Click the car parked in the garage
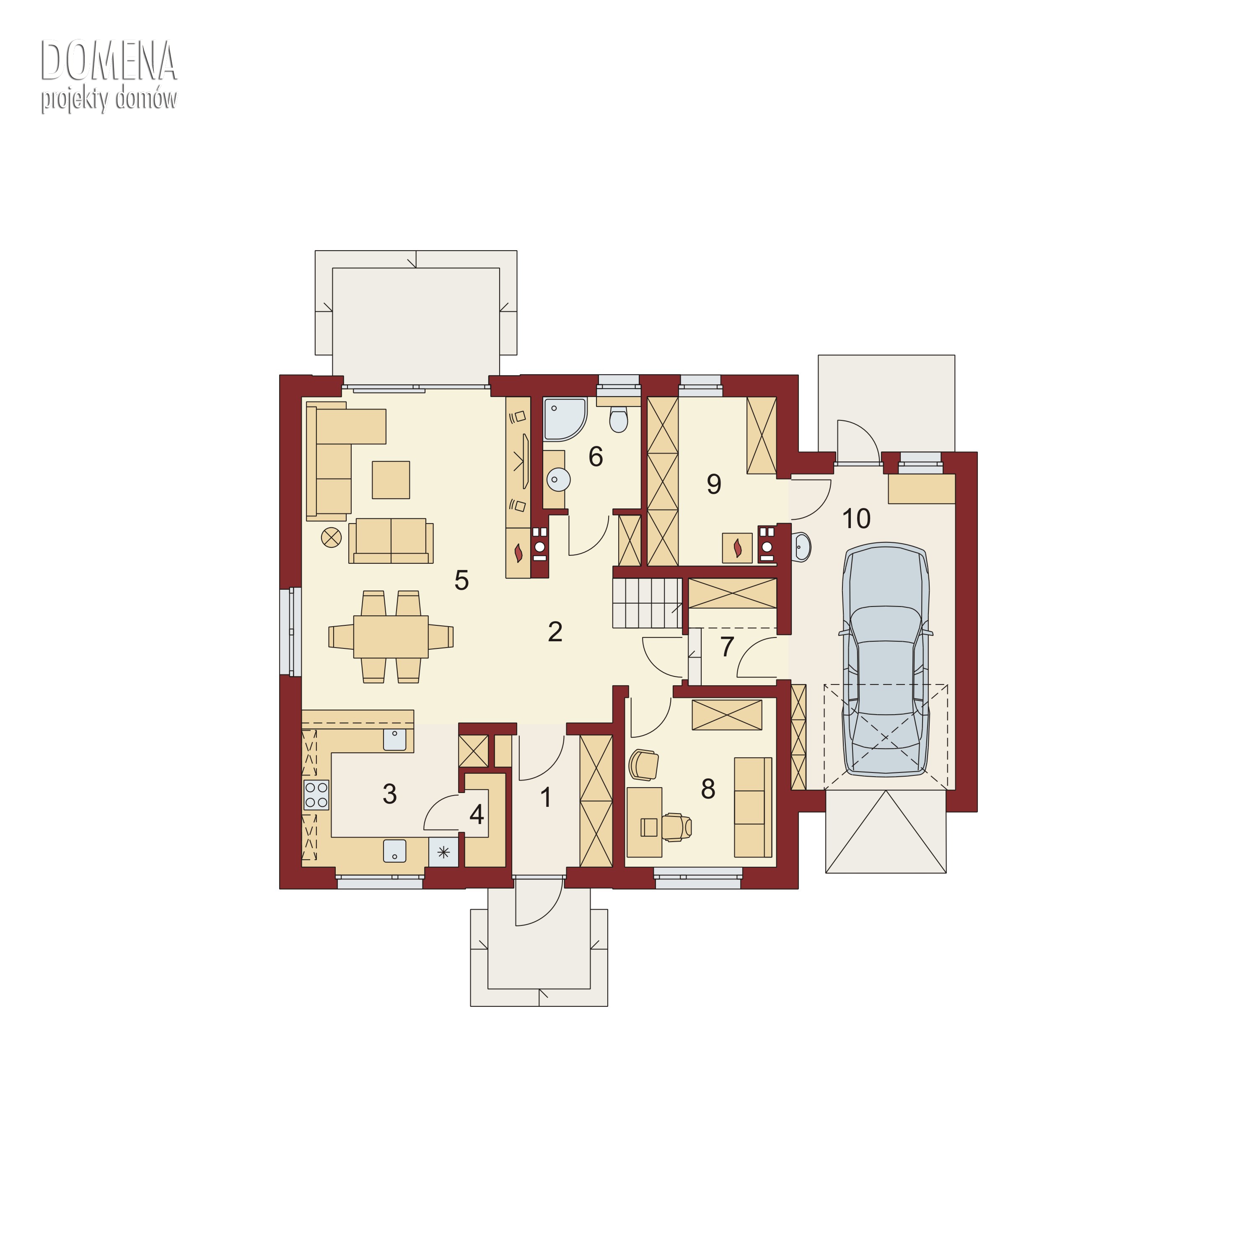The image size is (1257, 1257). coord(886,659)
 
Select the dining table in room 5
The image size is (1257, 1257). coord(390,636)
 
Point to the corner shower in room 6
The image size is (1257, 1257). coord(564,420)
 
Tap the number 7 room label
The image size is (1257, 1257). coord(727,646)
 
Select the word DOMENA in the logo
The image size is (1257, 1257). coord(109,60)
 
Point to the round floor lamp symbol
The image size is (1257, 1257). coord(331,537)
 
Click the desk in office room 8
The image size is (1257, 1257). coord(644,822)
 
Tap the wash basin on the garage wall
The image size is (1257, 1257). coord(801,547)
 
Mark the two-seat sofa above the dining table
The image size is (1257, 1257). coord(390,541)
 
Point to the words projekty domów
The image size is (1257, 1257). coord(109,99)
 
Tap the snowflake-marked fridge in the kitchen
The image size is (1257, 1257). coord(443,852)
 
